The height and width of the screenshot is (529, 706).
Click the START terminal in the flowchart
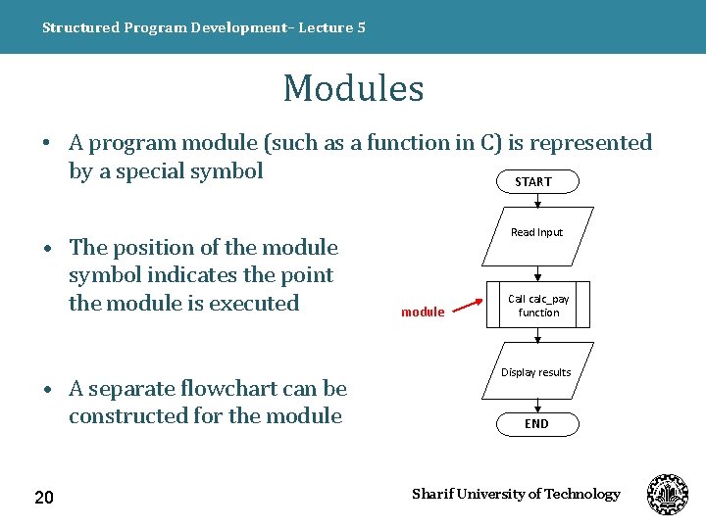pyautogui.click(x=534, y=181)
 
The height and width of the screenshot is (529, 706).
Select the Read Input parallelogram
pyautogui.click(x=537, y=233)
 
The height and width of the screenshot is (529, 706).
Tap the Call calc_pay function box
pyautogui.click(x=538, y=306)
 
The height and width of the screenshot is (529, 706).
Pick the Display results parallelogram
pyautogui.click(x=536, y=372)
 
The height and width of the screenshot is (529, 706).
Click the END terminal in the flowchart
pyautogui.click(x=536, y=424)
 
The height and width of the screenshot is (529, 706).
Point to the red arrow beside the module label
pyautogui.click(x=467, y=306)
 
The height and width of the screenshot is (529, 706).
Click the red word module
pyautogui.click(x=423, y=313)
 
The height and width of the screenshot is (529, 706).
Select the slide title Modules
pyautogui.click(x=353, y=88)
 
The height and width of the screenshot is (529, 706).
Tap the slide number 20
pyautogui.click(x=44, y=499)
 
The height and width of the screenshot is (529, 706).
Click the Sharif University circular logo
pyautogui.click(x=668, y=494)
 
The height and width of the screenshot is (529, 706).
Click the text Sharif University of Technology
pyautogui.click(x=516, y=494)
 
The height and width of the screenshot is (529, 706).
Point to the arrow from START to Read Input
pyautogui.click(x=537, y=200)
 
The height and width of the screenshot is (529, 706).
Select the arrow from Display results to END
pyautogui.click(x=537, y=406)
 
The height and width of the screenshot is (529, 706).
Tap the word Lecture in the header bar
pyautogui.click(x=325, y=27)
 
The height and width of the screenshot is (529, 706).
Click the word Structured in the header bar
pyautogui.click(x=80, y=27)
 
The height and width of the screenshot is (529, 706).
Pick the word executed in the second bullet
pyautogui.click(x=253, y=304)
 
